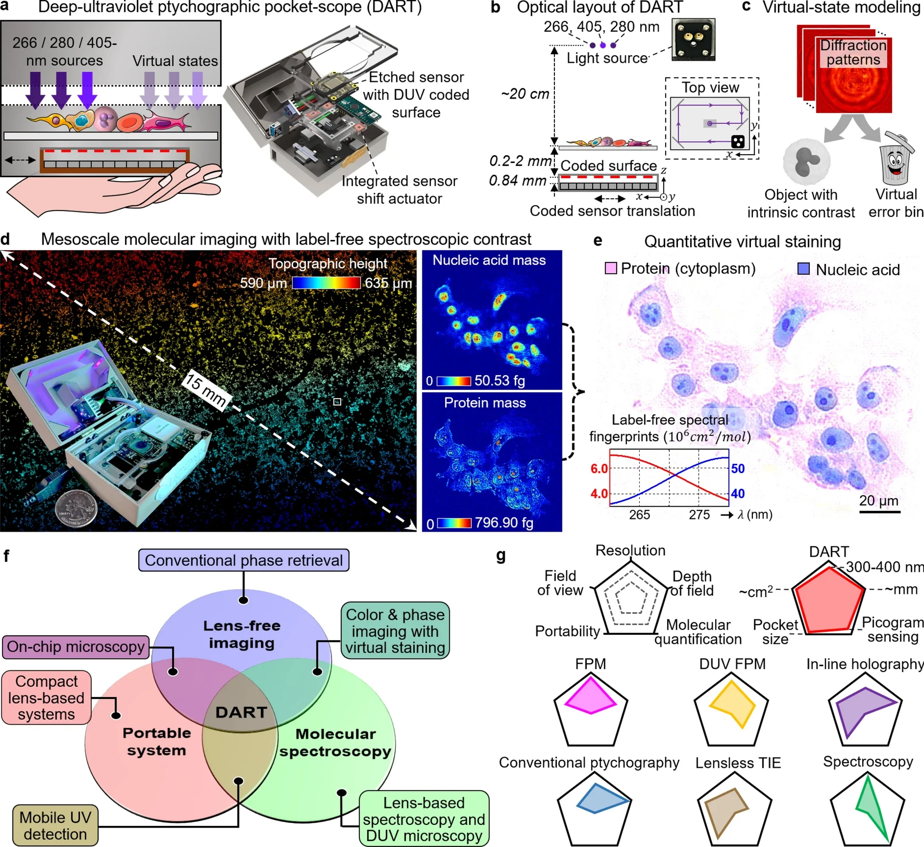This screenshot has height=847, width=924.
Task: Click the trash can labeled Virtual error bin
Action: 896,160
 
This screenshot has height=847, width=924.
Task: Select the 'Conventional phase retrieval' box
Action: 244,560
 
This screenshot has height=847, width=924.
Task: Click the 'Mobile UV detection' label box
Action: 56,825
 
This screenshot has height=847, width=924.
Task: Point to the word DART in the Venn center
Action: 241,712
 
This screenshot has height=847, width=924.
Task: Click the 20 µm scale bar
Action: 880,511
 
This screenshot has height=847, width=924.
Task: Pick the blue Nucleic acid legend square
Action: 803,269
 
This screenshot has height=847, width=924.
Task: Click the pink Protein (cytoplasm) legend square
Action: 610,269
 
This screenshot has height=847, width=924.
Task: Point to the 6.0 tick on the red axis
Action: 599,469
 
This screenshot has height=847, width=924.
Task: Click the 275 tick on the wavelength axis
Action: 699,515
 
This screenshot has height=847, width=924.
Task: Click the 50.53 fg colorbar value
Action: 499,380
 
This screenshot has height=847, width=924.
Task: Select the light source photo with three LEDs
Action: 693,40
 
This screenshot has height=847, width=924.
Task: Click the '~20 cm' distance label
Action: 525,94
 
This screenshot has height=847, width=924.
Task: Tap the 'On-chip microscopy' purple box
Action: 75,647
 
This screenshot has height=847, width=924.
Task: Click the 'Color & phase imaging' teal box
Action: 395,631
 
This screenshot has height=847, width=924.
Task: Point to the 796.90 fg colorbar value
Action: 503,523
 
